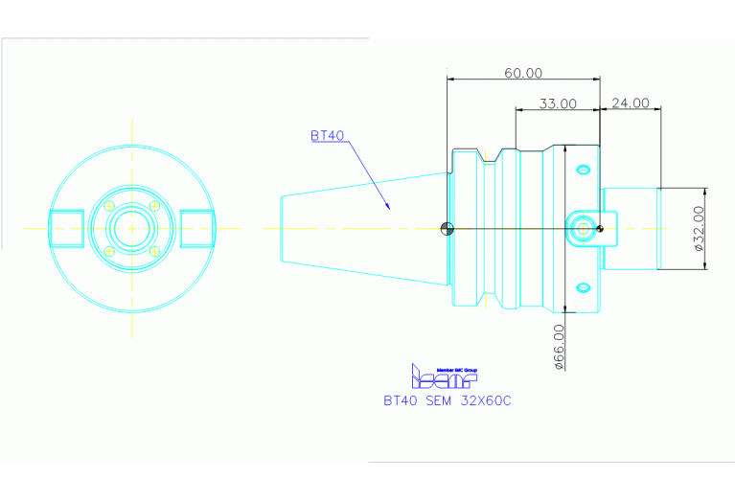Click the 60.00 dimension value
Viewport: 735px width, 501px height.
click(x=523, y=73)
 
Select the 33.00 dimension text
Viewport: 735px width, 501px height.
click(x=557, y=103)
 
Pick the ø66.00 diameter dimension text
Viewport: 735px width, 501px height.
click(x=559, y=346)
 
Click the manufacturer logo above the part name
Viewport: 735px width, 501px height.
click(x=444, y=376)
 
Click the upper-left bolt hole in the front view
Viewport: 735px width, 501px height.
click(x=110, y=206)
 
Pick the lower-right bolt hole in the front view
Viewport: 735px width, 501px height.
click(x=153, y=251)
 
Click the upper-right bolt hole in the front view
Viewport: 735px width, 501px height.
click(x=153, y=206)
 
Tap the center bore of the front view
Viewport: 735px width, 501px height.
click(x=132, y=228)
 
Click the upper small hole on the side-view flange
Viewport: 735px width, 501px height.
click(x=582, y=170)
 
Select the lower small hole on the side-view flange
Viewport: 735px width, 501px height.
click(x=582, y=286)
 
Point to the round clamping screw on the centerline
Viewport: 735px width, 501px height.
click(x=582, y=228)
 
